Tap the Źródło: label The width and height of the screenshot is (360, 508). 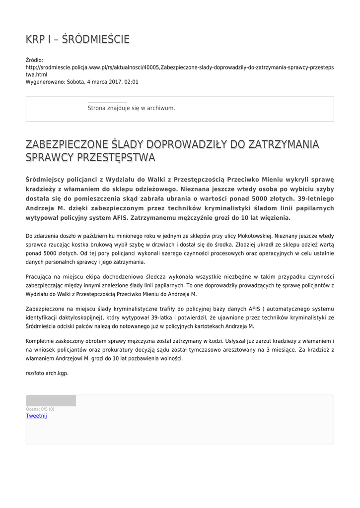(34, 60)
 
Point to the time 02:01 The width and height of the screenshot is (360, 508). (132, 82)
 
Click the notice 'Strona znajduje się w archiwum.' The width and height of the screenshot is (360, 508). (131, 108)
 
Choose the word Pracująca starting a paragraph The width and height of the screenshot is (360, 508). (39, 276)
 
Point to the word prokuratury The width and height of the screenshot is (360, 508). (105, 350)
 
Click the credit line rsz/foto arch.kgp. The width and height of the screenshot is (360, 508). (47, 373)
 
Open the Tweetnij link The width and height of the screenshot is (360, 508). (36, 416)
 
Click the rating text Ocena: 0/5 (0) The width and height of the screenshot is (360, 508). (40, 409)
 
